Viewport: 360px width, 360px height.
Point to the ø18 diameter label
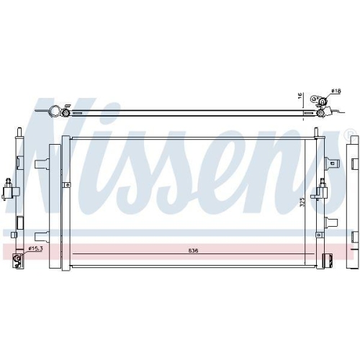335,91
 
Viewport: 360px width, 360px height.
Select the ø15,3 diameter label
37,249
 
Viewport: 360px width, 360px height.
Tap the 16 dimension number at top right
302,96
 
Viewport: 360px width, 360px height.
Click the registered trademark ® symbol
349,134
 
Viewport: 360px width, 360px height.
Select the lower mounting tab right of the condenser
334,222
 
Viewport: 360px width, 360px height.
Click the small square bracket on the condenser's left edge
66,185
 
